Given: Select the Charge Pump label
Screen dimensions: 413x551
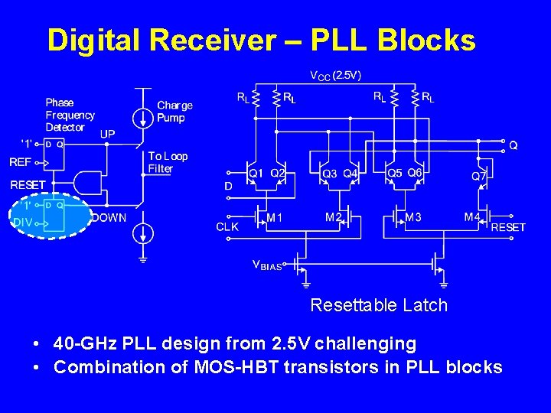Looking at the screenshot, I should pyautogui.click(x=174, y=112).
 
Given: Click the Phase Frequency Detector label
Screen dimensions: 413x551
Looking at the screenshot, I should pyautogui.click(x=70, y=115).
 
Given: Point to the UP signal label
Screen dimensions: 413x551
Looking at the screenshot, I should pyautogui.click(x=108, y=134).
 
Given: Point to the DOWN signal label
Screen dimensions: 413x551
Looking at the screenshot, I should pyautogui.click(x=109, y=218).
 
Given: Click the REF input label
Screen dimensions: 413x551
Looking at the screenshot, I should pyautogui.click(x=20, y=162).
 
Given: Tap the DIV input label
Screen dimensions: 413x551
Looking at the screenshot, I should pyautogui.click(x=22, y=223).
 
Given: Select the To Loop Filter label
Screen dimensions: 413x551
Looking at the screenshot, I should pyautogui.click(x=167, y=162).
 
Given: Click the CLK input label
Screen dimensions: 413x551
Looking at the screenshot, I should pyautogui.click(x=227, y=227).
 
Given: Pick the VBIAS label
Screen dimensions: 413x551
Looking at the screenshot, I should pyautogui.click(x=267, y=265).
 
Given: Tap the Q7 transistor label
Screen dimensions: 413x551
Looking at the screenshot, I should pyautogui.click(x=479, y=175).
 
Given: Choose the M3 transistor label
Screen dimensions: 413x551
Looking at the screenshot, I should pyautogui.click(x=413, y=218).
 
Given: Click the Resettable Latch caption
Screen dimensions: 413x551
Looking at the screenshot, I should pyautogui.click(x=378, y=306).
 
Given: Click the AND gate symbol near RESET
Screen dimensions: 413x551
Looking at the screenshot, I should pyautogui.click(x=88, y=183).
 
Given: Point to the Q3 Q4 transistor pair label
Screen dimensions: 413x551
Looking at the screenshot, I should pyautogui.click(x=339, y=175).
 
